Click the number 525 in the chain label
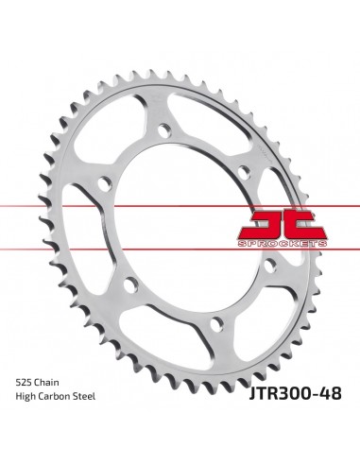tap(24, 383)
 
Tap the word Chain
tap(46, 383)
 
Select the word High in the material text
tap(26, 397)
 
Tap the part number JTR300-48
tap(295, 393)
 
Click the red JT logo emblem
tap(283, 224)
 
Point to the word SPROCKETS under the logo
tap(283, 243)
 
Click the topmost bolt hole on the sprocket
tap(164, 130)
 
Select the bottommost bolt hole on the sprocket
tap(216, 324)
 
